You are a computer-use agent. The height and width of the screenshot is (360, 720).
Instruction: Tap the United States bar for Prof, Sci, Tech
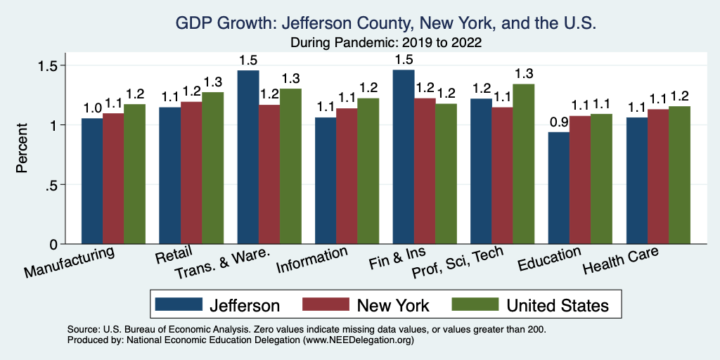(x=523, y=164)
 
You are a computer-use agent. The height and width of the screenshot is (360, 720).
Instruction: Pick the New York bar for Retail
(x=191, y=173)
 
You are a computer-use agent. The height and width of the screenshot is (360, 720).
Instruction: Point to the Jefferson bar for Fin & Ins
(x=404, y=157)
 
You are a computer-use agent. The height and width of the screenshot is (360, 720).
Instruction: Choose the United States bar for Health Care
(x=679, y=175)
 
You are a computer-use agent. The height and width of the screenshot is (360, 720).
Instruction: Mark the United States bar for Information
(x=368, y=171)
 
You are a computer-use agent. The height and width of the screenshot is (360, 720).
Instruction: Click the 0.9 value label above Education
(x=559, y=122)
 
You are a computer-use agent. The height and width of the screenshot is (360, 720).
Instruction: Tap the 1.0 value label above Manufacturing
(x=92, y=108)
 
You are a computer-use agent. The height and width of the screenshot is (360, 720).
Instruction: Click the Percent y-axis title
(x=23, y=149)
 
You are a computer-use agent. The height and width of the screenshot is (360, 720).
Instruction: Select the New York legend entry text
(x=393, y=305)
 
